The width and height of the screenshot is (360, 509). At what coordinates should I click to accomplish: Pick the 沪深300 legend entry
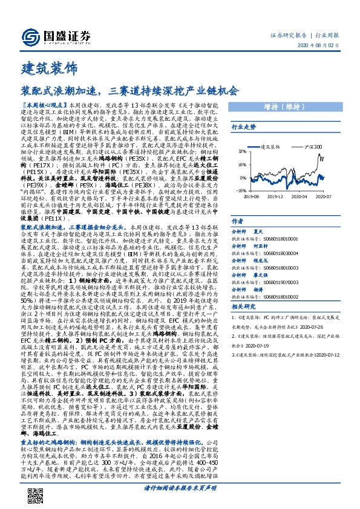pyautogui.click(x=310, y=146)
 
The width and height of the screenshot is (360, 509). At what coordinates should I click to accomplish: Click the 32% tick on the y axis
pyautogui.click(x=241, y=151)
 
